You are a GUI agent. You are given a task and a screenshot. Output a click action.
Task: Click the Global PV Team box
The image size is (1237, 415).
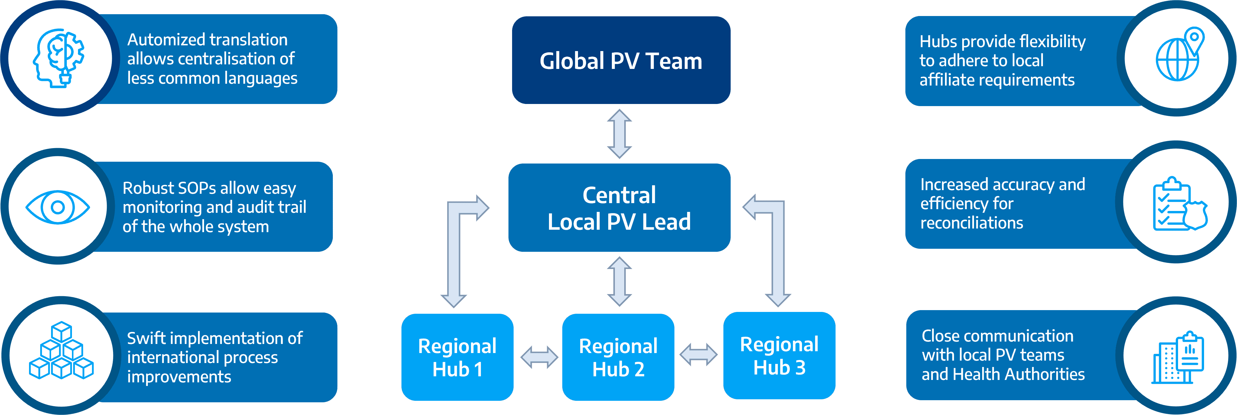coord(621,60)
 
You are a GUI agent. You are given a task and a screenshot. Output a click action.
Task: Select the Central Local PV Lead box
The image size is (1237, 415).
coord(619,207)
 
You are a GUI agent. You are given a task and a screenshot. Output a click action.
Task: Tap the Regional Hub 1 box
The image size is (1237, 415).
coord(457,357)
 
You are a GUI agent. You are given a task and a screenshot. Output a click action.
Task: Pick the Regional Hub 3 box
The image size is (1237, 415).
coord(779,355)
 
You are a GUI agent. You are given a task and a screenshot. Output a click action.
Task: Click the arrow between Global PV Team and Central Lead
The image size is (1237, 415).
coord(619,134)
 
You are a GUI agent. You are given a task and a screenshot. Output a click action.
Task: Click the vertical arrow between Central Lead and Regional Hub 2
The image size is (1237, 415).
coord(619,281)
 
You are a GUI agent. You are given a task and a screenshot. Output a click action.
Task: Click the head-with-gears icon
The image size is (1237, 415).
coord(59,58)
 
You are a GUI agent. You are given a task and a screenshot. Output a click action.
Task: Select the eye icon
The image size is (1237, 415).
coord(58,207)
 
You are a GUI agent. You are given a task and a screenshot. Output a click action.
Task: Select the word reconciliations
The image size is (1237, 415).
coord(972,223)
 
